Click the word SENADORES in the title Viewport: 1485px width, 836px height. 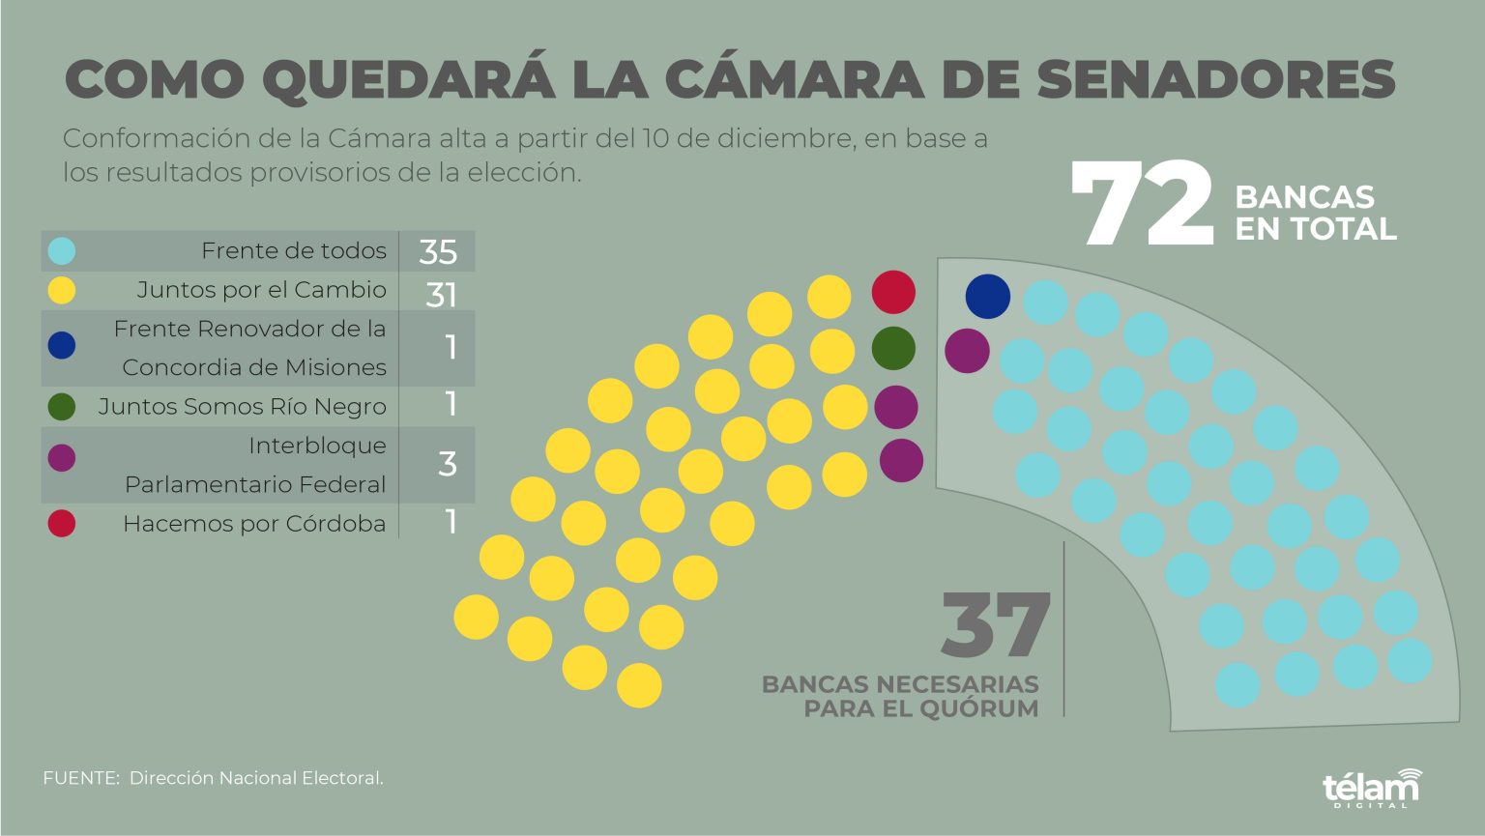(x=1216, y=79)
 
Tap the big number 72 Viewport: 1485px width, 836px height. (x=1143, y=204)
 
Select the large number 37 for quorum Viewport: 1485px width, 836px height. (x=995, y=625)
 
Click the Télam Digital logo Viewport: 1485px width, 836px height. (x=1372, y=787)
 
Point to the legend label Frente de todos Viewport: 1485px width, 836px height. (x=293, y=251)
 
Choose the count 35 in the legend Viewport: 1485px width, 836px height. (x=438, y=252)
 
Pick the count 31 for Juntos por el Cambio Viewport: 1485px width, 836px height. (x=440, y=294)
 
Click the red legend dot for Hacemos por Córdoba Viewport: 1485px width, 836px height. (x=62, y=524)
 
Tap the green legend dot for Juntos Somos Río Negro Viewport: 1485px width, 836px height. (x=62, y=407)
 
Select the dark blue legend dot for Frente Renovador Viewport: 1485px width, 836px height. (x=62, y=345)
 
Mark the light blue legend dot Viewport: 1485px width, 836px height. (x=62, y=251)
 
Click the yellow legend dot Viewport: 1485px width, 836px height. (x=62, y=290)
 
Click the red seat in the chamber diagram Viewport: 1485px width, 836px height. (x=893, y=293)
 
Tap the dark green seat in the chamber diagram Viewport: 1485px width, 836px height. (x=893, y=348)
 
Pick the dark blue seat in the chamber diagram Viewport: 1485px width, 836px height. (x=988, y=297)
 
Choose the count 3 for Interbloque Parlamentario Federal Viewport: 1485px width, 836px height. (x=447, y=464)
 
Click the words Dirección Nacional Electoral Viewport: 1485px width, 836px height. (x=256, y=778)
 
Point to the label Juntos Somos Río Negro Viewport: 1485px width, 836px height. (x=242, y=407)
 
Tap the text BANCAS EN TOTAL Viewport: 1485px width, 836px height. (x=1315, y=213)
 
